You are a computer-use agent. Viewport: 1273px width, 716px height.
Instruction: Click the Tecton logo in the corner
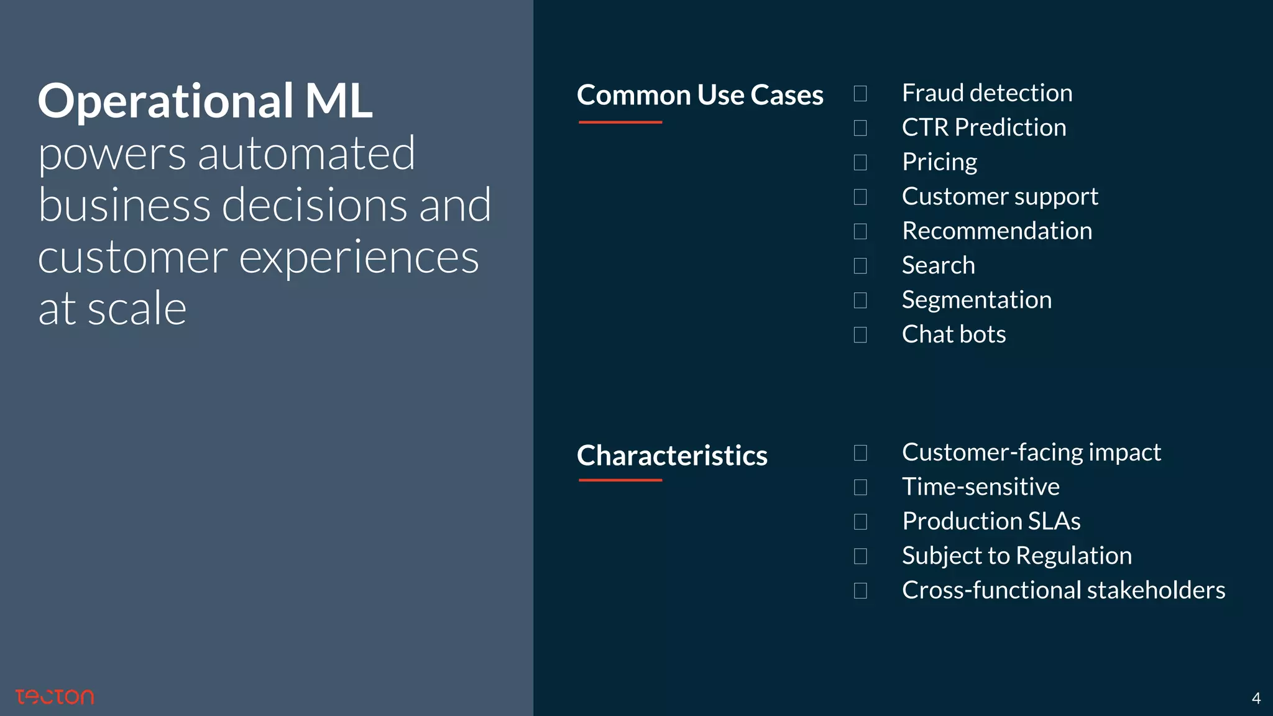click(55, 697)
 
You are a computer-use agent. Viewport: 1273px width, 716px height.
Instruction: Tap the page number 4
click(1256, 699)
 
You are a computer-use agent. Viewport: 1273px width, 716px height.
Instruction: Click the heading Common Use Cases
click(700, 95)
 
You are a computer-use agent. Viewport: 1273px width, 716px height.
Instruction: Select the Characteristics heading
click(672, 456)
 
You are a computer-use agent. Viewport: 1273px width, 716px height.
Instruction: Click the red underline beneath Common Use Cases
click(620, 122)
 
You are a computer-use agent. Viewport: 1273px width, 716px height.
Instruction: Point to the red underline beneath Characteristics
click(620, 480)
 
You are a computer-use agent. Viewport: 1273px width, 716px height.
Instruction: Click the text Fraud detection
click(987, 93)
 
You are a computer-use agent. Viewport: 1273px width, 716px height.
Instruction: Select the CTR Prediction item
click(983, 127)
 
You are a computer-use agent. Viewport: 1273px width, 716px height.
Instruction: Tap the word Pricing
click(939, 162)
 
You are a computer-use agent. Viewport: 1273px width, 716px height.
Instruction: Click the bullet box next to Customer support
click(860, 197)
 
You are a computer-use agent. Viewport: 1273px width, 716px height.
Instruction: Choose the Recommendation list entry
click(996, 231)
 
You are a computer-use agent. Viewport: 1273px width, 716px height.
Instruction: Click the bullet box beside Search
click(860, 266)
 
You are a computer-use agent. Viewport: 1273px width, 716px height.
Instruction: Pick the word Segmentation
click(977, 300)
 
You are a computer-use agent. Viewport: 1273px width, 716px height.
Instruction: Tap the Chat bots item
click(954, 334)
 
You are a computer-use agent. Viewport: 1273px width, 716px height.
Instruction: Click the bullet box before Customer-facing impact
click(860, 452)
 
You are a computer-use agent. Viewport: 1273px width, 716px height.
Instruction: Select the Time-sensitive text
click(980, 487)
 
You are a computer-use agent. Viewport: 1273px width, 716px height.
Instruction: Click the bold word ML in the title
click(338, 101)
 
